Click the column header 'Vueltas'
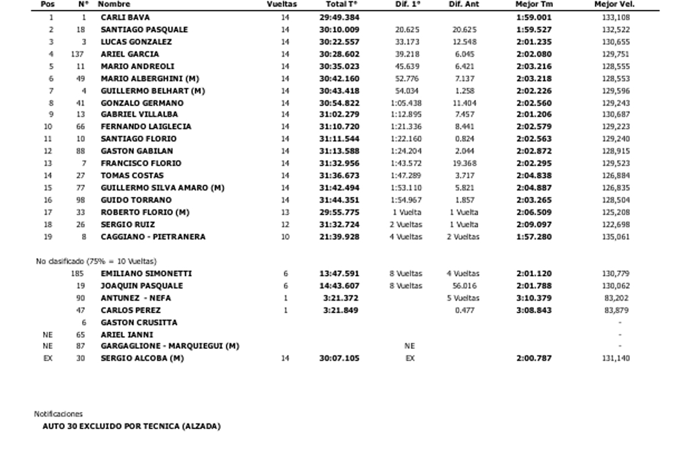(282, 5)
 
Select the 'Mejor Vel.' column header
(614, 5)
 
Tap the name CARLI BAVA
(125, 18)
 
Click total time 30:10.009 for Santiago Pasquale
(339, 30)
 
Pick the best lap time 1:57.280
(534, 237)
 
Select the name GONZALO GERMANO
(142, 103)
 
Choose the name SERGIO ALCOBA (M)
(142, 359)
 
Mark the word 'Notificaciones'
(58, 414)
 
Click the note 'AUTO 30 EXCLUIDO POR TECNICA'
(131, 426)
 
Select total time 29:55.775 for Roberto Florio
(339, 212)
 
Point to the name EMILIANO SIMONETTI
(146, 274)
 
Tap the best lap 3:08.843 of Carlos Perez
(534, 310)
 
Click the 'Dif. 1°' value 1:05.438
(405, 103)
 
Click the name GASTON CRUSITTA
(139, 323)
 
